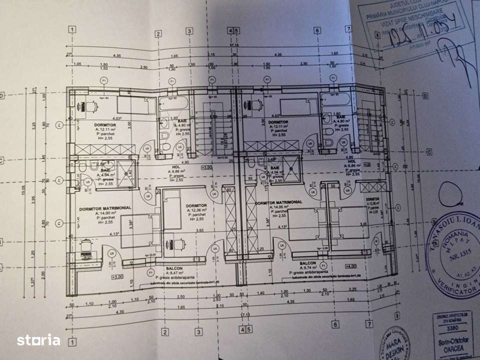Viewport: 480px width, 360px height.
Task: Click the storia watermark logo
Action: pyautogui.click(x=39, y=340)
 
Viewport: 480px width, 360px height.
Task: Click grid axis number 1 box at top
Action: pyautogui.click(x=73, y=29)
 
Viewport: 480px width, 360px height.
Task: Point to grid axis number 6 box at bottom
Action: pyautogui.click(x=334, y=323)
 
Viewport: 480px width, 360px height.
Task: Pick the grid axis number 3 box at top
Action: pyautogui.click(x=190, y=31)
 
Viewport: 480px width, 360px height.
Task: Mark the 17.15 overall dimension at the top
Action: pyautogui.click(x=233, y=45)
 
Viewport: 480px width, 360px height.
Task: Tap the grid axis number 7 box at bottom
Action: pyautogui.click(x=369, y=324)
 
